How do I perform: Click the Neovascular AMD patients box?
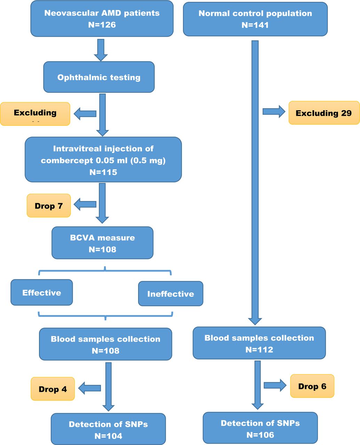[102, 19]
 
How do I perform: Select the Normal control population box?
[255, 19]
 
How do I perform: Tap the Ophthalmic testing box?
[99, 77]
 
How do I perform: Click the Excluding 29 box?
[324, 113]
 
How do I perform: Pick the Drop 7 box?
[49, 206]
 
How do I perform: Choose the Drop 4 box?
[53, 389]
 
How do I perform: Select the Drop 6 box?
[312, 386]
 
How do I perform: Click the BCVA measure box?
[102, 243]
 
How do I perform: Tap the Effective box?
[42, 293]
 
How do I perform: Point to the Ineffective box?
[170, 294]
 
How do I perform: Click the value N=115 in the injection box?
[103, 172]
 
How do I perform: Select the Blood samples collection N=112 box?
[259, 343]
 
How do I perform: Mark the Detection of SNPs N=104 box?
[108, 429]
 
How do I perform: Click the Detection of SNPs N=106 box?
[260, 428]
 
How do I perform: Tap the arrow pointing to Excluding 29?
[274, 112]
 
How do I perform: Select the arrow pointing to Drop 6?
[275, 385]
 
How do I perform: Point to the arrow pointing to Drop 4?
[89, 388]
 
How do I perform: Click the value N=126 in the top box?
[102, 25]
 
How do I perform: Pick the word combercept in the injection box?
[65, 160]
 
